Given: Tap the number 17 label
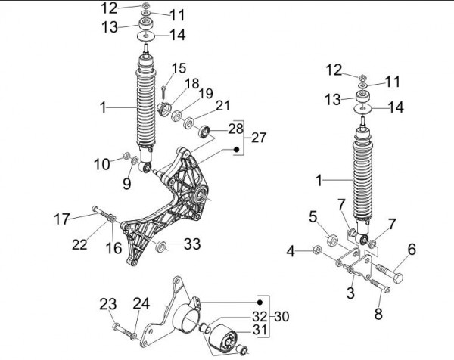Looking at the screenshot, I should click(63, 219).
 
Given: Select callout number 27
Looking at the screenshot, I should click(259, 138).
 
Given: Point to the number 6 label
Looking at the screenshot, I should click(412, 249).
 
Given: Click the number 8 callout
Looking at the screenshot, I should click(378, 312).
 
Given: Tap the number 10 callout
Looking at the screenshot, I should click(102, 163).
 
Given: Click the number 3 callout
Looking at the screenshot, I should click(350, 291).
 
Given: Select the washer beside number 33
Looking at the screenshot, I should click(160, 246).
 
